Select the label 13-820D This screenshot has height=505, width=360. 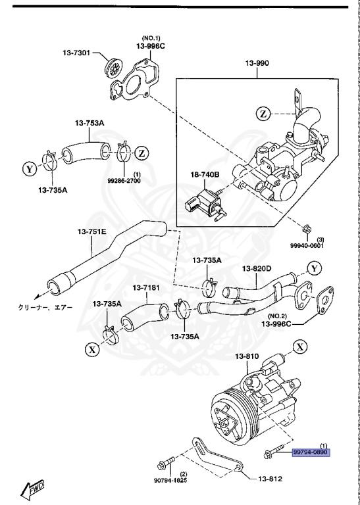tap(257, 268)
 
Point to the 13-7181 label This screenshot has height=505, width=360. tap(147, 287)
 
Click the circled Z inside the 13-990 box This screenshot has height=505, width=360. tap(263, 114)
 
